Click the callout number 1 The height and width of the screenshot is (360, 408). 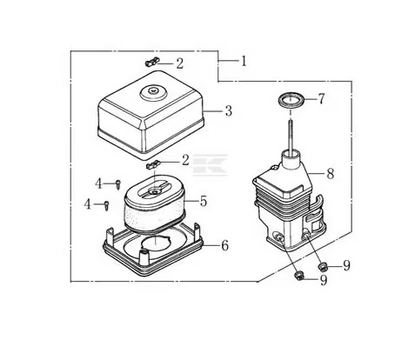(x=244, y=61)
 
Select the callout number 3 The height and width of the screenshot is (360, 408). (x=229, y=111)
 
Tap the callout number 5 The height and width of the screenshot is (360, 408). (x=204, y=201)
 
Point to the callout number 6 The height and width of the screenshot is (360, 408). (x=224, y=245)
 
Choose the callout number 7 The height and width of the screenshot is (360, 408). (x=321, y=99)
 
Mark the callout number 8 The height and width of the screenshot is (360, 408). (x=331, y=174)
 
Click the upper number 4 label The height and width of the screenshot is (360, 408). (x=99, y=183)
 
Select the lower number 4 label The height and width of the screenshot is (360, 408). (x=88, y=204)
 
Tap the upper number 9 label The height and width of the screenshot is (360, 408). (x=346, y=265)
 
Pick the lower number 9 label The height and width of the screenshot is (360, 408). (x=324, y=280)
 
